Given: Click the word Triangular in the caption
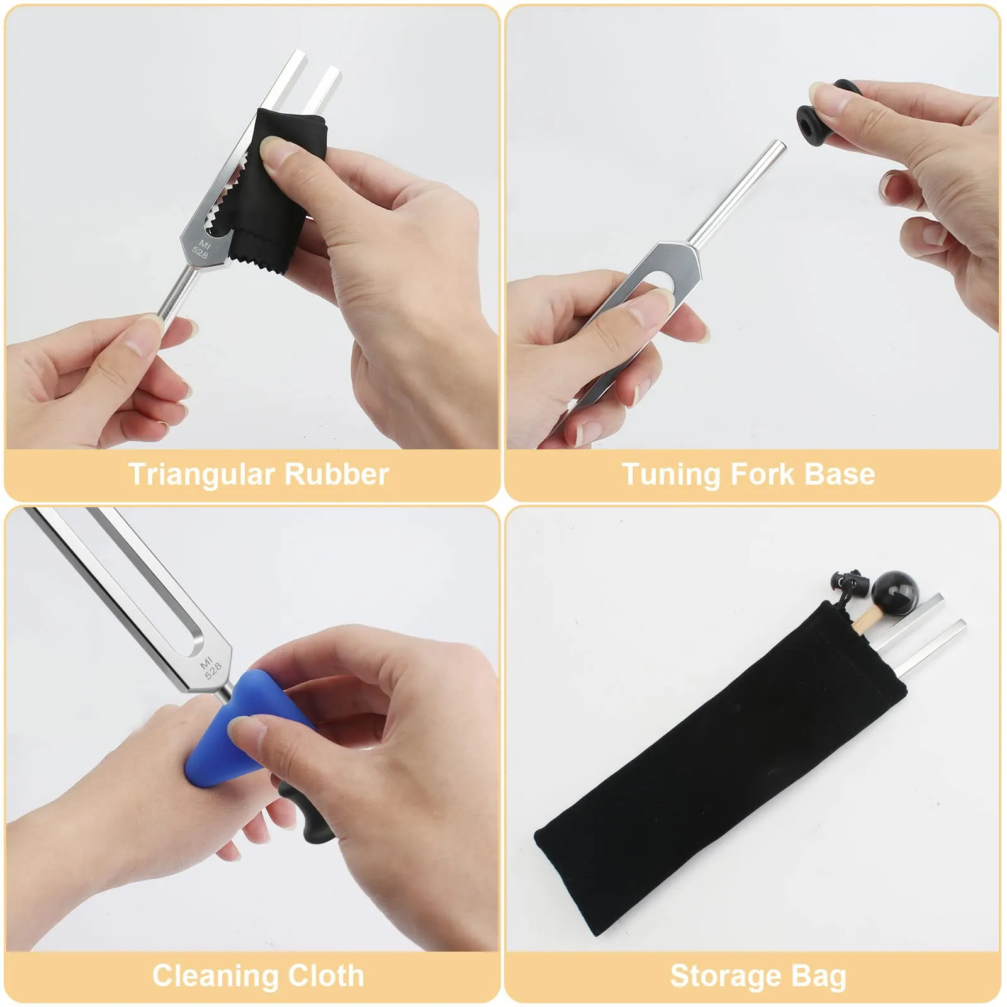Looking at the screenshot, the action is (x=201, y=474).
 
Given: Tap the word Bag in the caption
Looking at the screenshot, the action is (x=818, y=977).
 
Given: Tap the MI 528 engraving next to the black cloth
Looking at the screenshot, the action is (x=202, y=249).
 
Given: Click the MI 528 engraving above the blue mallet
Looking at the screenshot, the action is (x=210, y=667).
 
